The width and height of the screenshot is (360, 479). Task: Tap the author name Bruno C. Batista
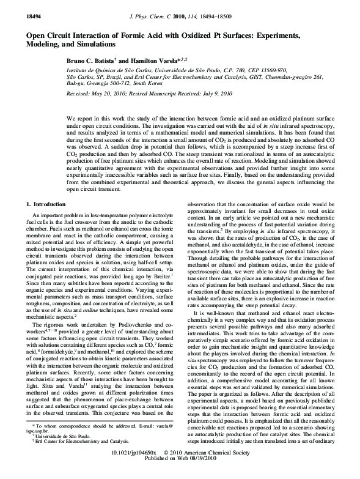pos(93,62)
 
